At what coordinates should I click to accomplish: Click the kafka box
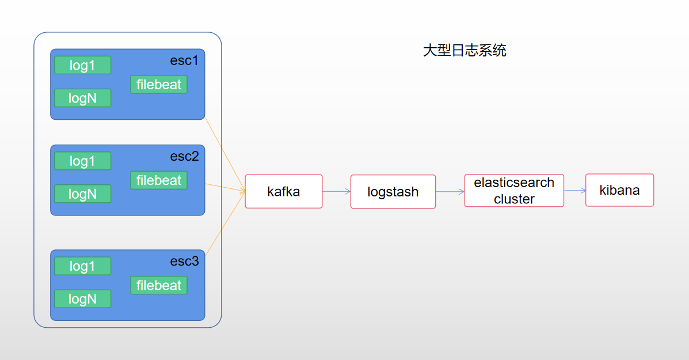click(x=284, y=191)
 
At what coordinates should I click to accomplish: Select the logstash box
click(x=393, y=192)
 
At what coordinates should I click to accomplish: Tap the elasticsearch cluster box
click(x=514, y=191)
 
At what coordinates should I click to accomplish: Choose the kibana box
click(x=619, y=190)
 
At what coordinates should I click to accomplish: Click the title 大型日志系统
click(x=465, y=51)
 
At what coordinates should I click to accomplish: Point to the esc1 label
click(x=184, y=60)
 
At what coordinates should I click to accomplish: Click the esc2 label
click(x=184, y=156)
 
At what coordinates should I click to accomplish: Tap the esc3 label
click(x=184, y=261)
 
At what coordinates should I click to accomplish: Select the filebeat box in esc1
click(x=159, y=85)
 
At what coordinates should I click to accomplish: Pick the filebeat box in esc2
click(x=159, y=180)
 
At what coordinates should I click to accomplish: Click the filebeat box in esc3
click(x=159, y=285)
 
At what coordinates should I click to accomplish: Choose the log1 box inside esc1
click(x=82, y=65)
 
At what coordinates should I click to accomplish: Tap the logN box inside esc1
click(x=82, y=98)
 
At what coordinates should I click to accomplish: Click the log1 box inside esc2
click(x=82, y=161)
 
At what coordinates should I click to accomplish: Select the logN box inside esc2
click(x=82, y=194)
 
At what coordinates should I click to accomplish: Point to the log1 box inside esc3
click(x=82, y=266)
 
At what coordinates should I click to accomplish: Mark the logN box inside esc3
click(x=82, y=299)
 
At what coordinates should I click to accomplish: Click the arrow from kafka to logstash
click(x=336, y=191)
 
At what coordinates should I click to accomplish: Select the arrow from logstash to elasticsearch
click(x=450, y=192)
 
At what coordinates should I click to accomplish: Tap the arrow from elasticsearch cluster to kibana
click(x=574, y=190)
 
